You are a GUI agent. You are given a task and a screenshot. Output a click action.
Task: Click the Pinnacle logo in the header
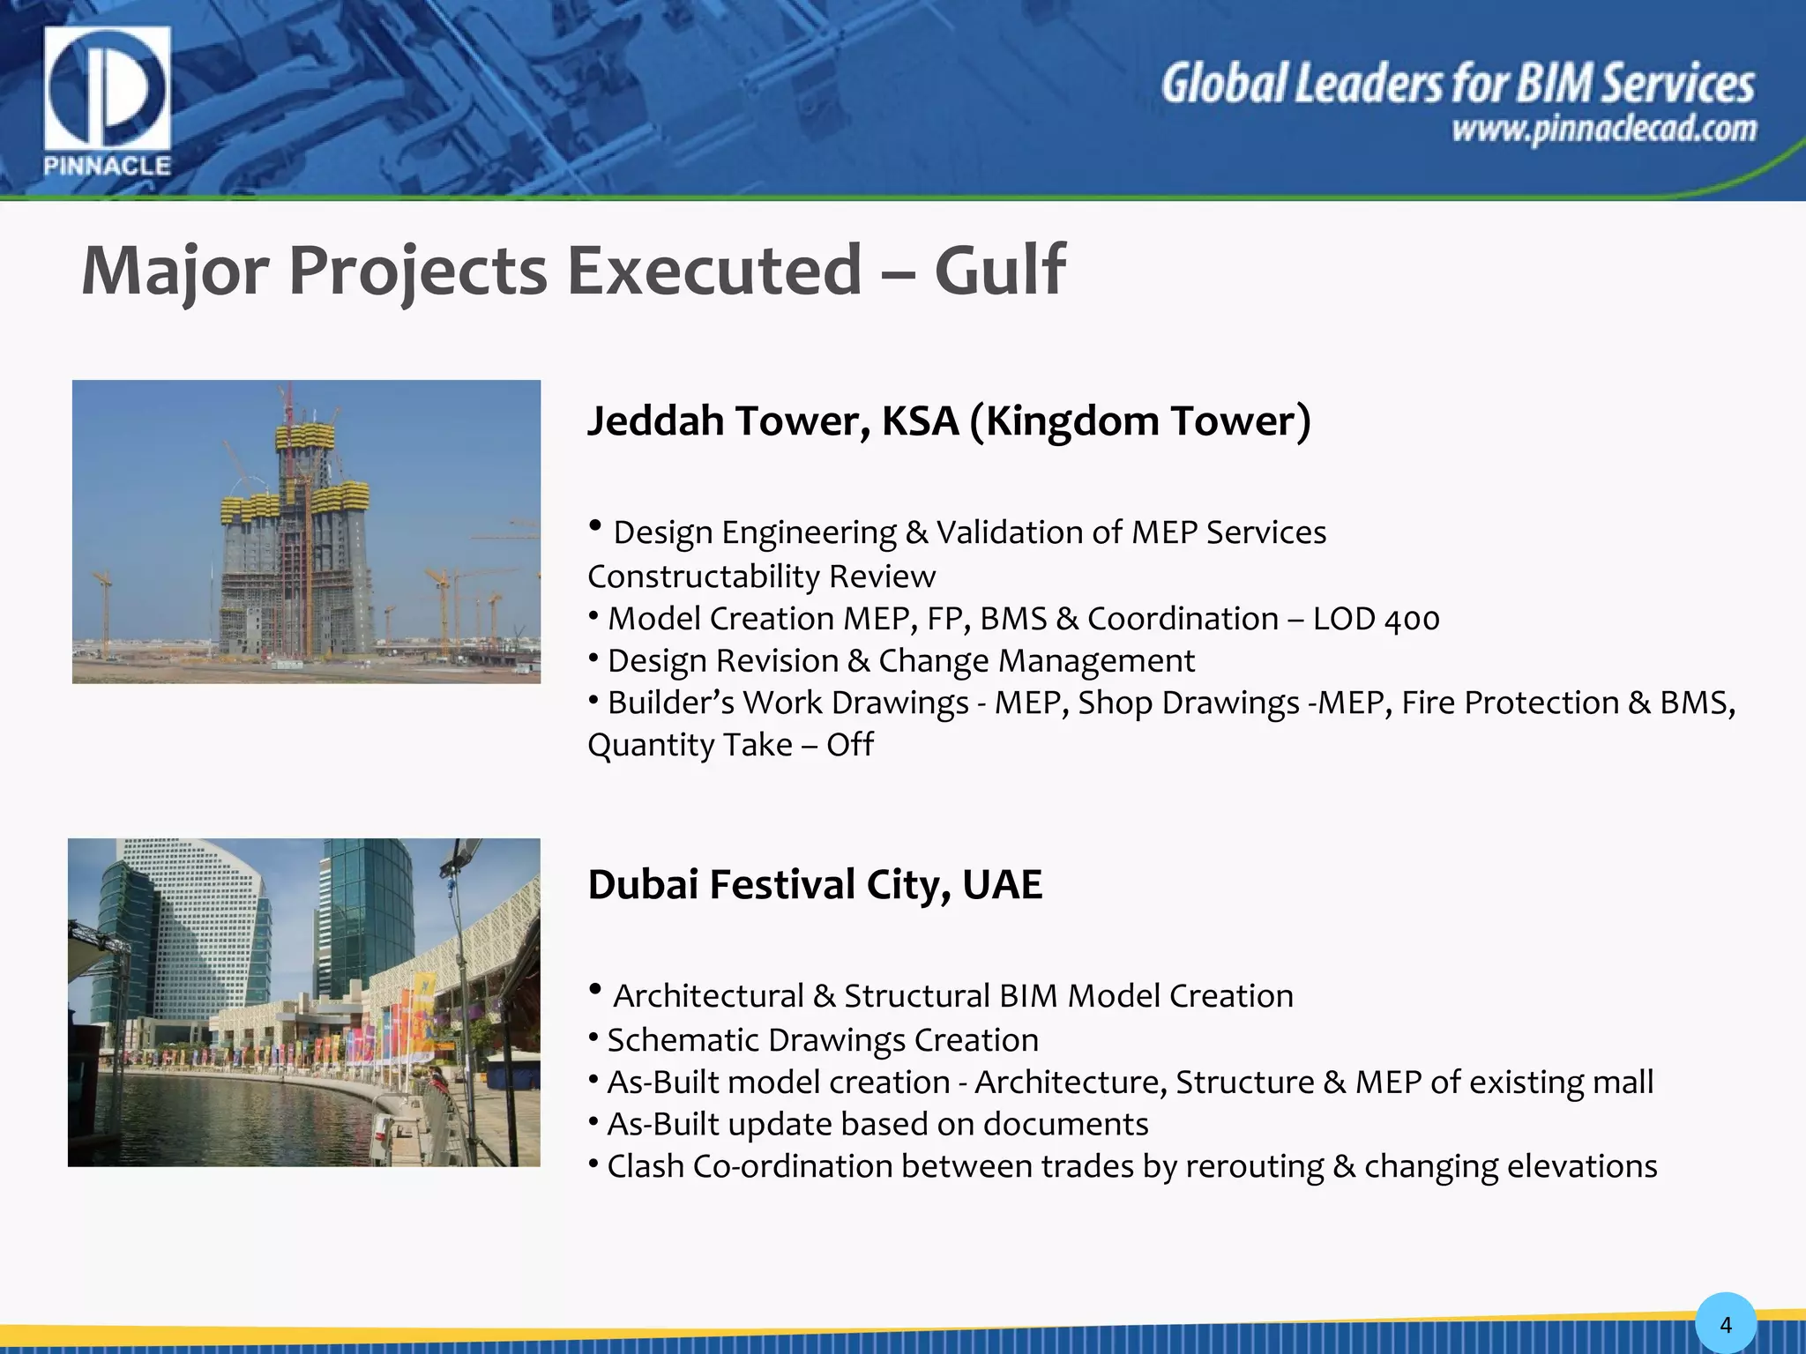[x=107, y=100]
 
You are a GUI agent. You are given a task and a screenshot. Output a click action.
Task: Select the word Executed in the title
[x=713, y=270]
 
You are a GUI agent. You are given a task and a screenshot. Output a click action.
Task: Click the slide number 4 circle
[x=1725, y=1324]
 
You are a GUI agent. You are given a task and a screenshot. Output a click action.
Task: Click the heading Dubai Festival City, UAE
[x=814, y=884]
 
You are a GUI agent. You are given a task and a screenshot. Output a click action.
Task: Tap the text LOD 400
[x=1376, y=619]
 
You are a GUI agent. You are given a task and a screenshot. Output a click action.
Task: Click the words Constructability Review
[x=761, y=577]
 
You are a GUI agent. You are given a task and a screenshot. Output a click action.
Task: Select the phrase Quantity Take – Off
[x=730, y=745]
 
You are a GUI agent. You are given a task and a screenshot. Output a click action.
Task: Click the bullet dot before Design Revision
[x=594, y=657]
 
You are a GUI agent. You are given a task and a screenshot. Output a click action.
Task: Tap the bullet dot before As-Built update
[x=594, y=1120]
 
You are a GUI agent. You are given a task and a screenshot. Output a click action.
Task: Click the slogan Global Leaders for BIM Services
[x=1457, y=85]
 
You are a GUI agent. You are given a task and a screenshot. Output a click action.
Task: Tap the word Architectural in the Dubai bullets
[x=708, y=996]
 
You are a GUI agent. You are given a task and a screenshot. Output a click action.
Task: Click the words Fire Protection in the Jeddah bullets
[x=1510, y=703]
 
